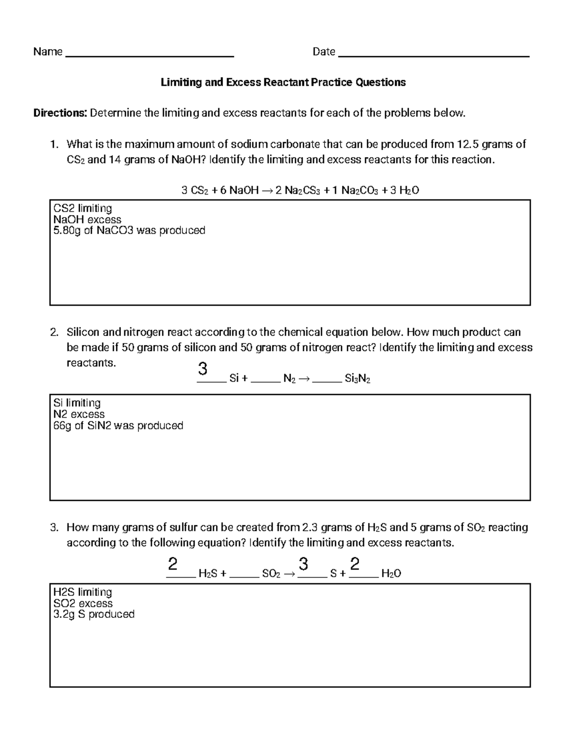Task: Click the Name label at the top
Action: pos(48,52)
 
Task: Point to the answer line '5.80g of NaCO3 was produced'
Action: pos(129,231)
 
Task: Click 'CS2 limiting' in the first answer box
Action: pos(83,208)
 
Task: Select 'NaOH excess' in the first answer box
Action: pos(87,219)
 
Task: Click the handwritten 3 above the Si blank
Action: pos(203,369)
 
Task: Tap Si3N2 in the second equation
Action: pos(358,379)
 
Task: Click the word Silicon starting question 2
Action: pos(83,332)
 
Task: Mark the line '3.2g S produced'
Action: pos(94,615)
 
